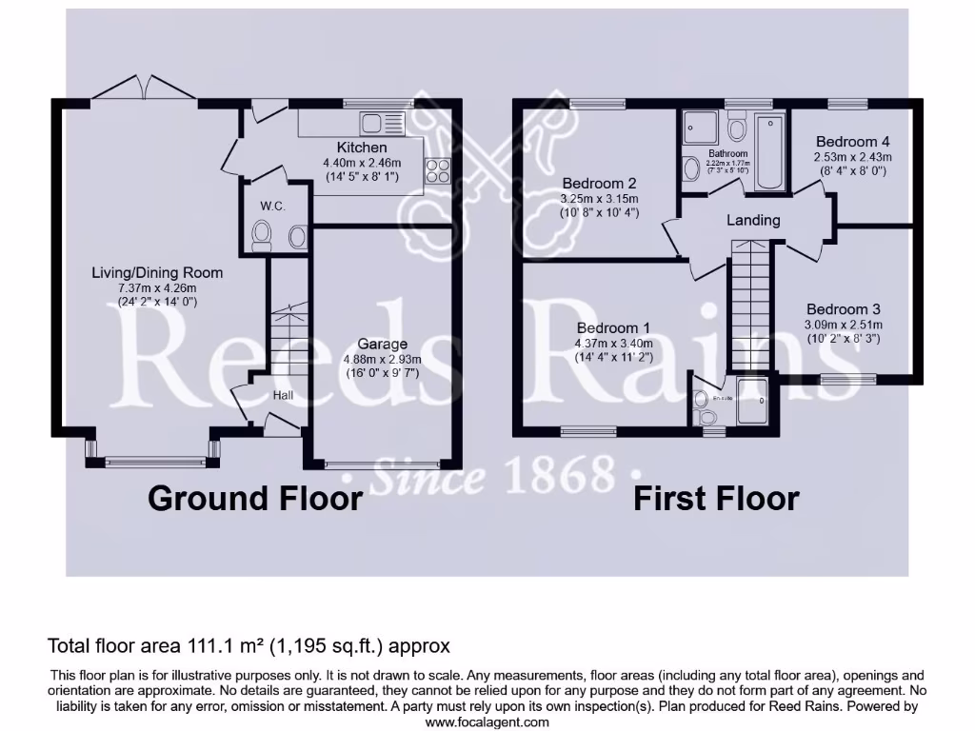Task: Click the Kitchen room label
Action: [362, 148]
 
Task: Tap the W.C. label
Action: [273, 207]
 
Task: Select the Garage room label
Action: [383, 344]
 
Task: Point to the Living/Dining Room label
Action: [157, 273]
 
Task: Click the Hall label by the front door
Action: [284, 394]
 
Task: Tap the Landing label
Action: [753, 220]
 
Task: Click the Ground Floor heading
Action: [255, 498]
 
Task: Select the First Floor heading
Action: [717, 498]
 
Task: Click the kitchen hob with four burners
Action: [438, 170]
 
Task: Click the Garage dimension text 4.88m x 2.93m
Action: [383, 359]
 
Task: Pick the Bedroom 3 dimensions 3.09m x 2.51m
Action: [843, 324]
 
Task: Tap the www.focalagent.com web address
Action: [487, 721]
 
